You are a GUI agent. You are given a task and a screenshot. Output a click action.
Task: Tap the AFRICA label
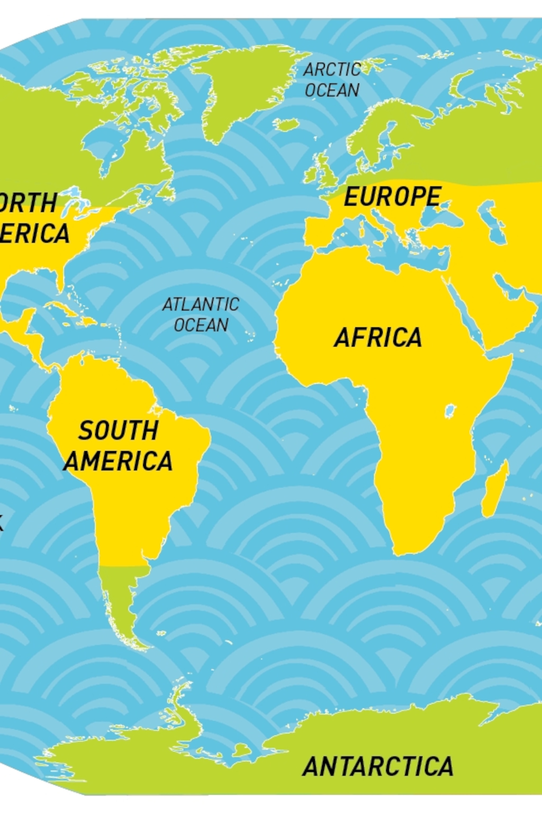tap(378, 337)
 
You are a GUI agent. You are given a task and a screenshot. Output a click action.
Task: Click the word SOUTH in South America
tap(118, 430)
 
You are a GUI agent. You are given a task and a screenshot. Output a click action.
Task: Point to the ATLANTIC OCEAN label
tap(201, 315)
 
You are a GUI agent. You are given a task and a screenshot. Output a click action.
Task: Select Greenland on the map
tap(242, 87)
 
